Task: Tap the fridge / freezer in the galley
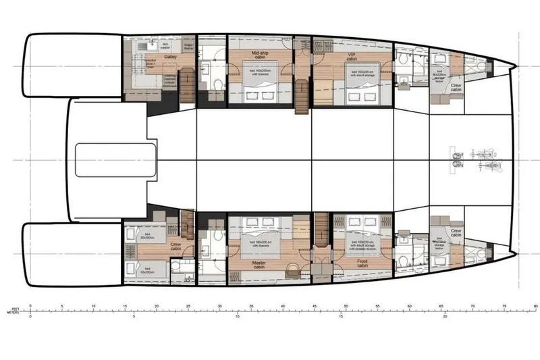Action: click(190, 47)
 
